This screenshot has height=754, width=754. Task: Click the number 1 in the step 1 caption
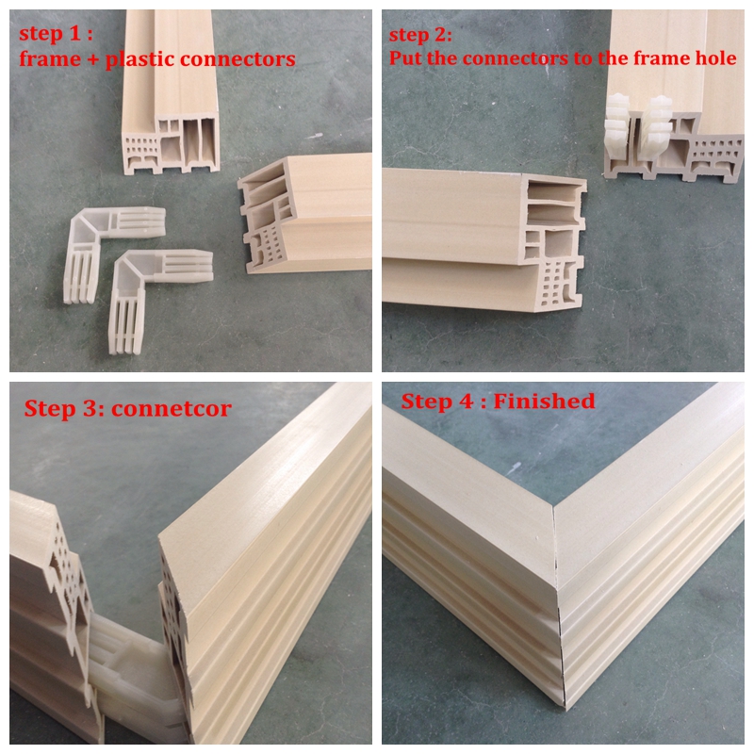pos(76,34)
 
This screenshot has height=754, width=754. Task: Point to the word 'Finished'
pos(545,402)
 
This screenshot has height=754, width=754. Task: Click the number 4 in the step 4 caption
pos(465,402)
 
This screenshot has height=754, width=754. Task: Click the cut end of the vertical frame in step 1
pos(171,143)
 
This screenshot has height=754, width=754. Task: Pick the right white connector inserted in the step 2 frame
pos(656,127)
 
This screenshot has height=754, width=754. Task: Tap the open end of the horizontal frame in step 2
pos(553,241)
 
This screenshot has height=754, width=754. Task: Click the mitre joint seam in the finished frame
pos(559,606)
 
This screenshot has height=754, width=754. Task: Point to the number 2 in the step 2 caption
pos(440,35)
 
